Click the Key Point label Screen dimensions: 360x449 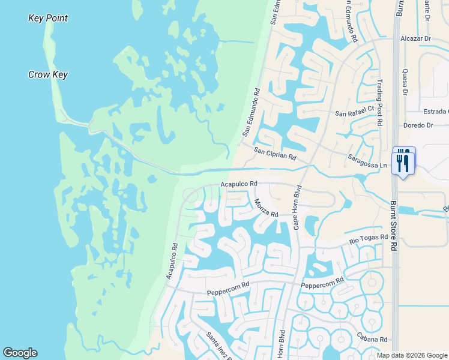click(x=48, y=18)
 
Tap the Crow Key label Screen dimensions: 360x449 click(x=48, y=75)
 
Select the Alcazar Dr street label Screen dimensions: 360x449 click(x=419, y=38)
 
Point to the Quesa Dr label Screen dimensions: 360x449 click(x=405, y=81)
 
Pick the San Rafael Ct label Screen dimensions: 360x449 click(x=354, y=112)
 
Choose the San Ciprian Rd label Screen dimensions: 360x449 click(x=275, y=153)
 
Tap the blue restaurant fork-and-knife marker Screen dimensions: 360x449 click(x=403, y=161)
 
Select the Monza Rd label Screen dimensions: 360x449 click(x=266, y=208)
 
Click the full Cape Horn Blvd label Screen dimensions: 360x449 click(x=296, y=207)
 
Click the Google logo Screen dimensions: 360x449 click(x=20, y=353)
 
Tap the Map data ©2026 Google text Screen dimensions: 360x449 click(x=411, y=355)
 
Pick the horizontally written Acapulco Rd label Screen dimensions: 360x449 click(x=239, y=184)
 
